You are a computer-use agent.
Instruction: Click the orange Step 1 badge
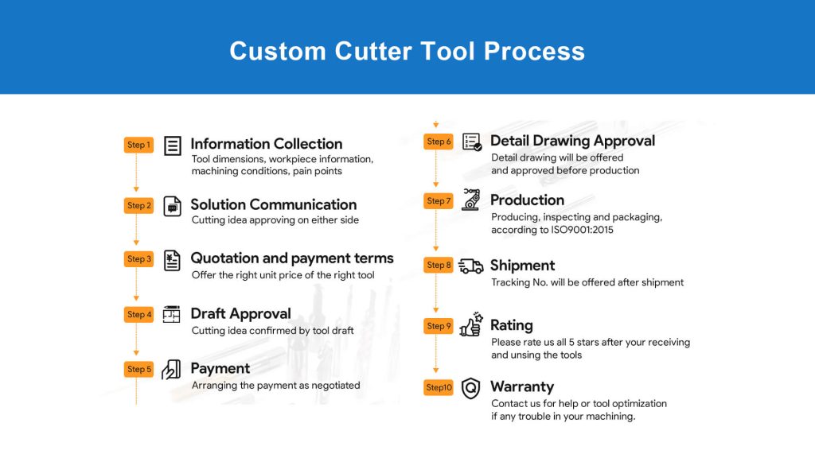click(x=138, y=145)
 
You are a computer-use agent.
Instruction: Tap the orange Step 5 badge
click(x=138, y=369)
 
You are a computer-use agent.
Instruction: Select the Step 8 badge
click(x=439, y=265)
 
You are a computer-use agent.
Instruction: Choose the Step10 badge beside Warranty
click(x=439, y=387)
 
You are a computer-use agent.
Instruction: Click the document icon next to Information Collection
click(x=173, y=146)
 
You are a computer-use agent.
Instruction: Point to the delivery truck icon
click(x=471, y=266)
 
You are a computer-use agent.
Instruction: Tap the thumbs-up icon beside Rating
click(x=471, y=325)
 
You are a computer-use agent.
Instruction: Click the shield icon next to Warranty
click(x=471, y=388)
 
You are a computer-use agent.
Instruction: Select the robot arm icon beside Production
click(x=471, y=200)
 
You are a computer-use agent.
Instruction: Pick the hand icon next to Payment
click(x=171, y=370)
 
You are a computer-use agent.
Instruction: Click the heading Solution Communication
click(x=274, y=204)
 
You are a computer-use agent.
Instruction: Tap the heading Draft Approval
click(x=240, y=313)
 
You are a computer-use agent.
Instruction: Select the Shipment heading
click(x=522, y=266)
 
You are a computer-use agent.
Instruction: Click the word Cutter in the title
click(x=372, y=51)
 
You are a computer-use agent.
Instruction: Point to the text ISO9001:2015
click(x=582, y=230)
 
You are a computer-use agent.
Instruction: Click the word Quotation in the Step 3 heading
click(x=224, y=258)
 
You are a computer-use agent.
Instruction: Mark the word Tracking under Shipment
click(x=510, y=282)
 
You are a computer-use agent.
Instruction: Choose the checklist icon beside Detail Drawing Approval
click(x=472, y=142)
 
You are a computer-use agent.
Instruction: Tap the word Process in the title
click(x=534, y=51)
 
